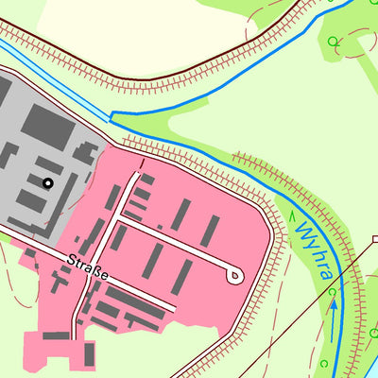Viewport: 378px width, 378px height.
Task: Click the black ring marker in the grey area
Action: click(47, 182)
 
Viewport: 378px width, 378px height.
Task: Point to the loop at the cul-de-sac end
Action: click(234, 275)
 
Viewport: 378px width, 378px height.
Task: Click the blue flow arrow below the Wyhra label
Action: click(334, 307)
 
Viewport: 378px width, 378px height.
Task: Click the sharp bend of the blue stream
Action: click(112, 117)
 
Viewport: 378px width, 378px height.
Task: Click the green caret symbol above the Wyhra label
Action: click(293, 214)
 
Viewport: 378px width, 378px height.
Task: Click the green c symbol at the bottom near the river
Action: click(323, 363)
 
